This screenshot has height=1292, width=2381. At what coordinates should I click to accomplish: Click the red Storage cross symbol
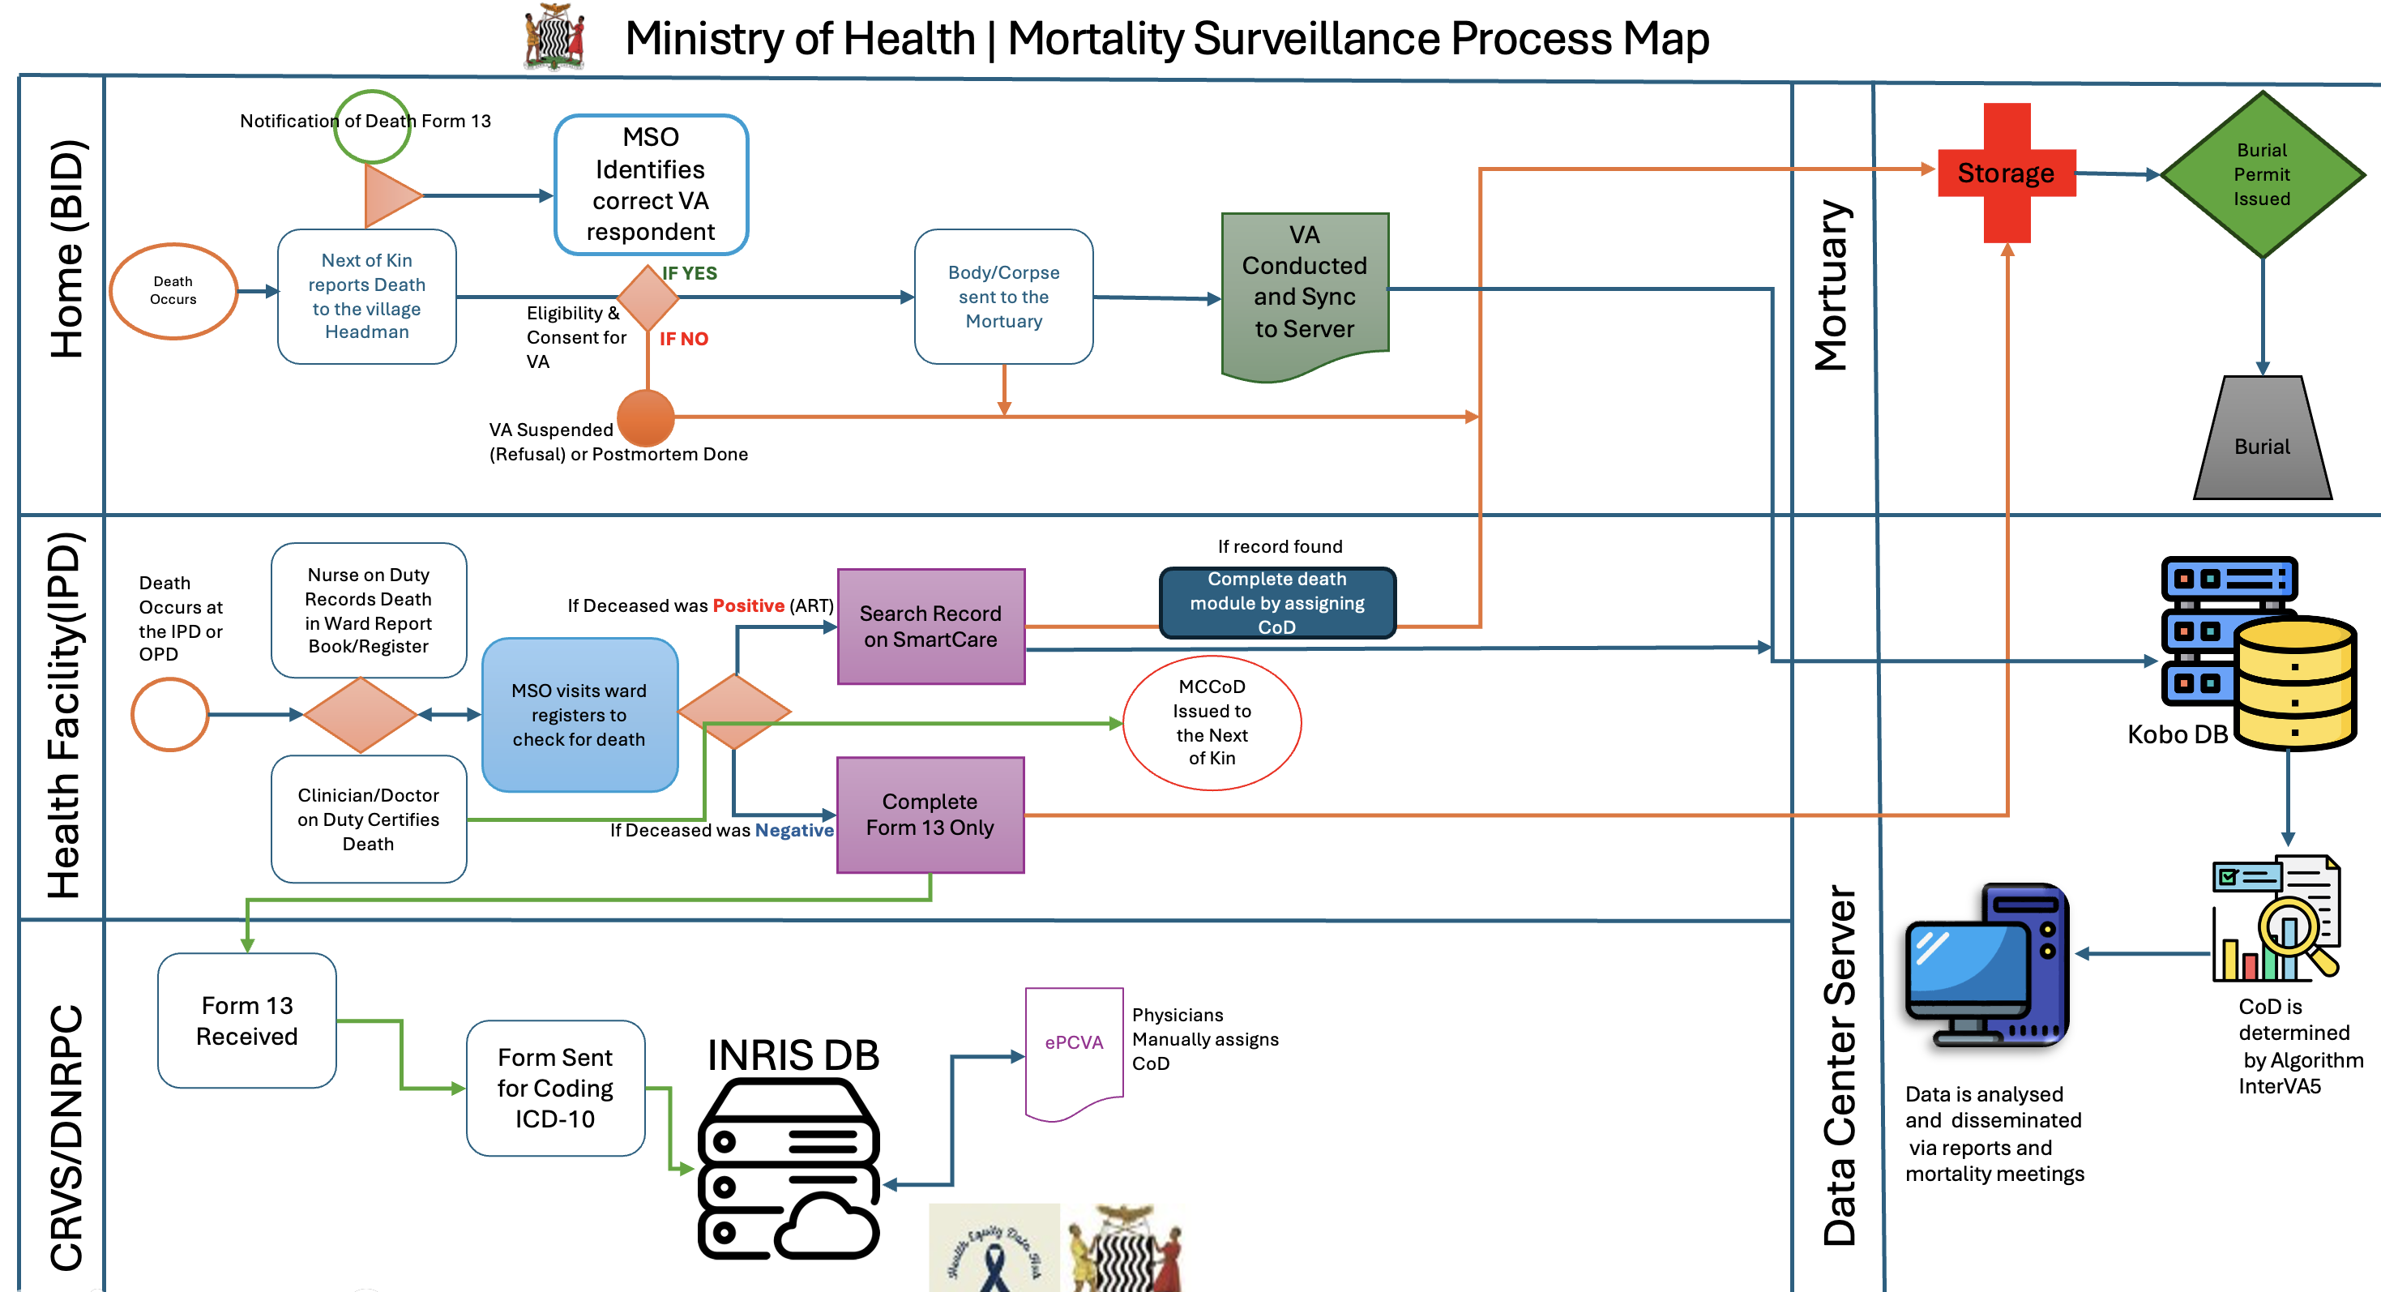pyautogui.click(x=2007, y=173)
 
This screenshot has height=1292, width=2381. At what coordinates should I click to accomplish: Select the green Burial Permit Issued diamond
pyautogui.click(x=2262, y=173)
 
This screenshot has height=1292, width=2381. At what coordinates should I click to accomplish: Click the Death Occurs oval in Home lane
pyautogui.click(x=173, y=290)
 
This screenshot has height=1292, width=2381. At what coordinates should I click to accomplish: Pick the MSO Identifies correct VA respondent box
pyautogui.click(x=651, y=184)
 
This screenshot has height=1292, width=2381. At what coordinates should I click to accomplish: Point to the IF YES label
pyautogui.click(x=690, y=272)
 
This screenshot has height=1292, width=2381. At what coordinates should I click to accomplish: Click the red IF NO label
pyautogui.click(x=683, y=339)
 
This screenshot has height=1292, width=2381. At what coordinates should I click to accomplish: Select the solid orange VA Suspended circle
pyautogui.click(x=646, y=417)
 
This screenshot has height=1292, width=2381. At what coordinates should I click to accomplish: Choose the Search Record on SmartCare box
pyautogui.click(x=931, y=626)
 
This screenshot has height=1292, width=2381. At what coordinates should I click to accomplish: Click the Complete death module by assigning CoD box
pyautogui.click(x=1276, y=602)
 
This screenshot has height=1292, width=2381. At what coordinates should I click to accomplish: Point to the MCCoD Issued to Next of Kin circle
pyautogui.click(x=1212, y=721)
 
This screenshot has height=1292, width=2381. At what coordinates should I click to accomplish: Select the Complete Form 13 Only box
pyautogui.click(x=930, y=815)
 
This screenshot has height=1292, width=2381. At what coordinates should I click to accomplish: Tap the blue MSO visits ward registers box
pyautogui.click(x=579, y=714)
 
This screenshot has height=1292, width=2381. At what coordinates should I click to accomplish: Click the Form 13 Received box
pyautogui.click(x=247, y=1020)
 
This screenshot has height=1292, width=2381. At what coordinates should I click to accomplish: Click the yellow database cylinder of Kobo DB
pyautogui.click(x=2294, y=684)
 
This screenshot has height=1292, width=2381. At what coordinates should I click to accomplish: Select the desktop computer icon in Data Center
pyautogui.click(x=1986, y=966)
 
